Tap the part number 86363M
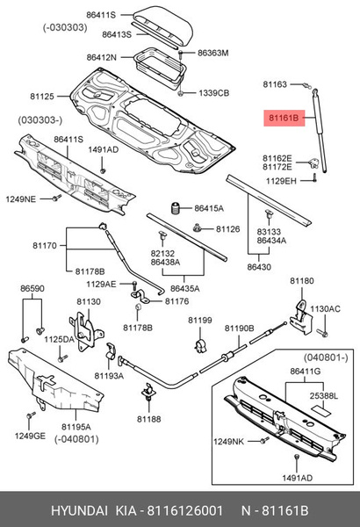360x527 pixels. pyautogui.click(x=212, y=53)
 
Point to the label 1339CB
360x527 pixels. pyautogui.click(x=212, y=92)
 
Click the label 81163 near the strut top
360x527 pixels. pyautogui.click(x=275, y=85)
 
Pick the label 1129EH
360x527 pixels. pyautogui.click(x=278, y=180)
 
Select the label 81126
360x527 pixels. pyautogui.click(x=228, y=229)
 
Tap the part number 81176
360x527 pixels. pyautogui.click(x=177, y=302)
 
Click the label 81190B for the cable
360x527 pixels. pyautogui.click(x=238, y=328)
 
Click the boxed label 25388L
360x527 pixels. pyautogui.click(x=324, y=396)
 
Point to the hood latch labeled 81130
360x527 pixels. pyautogui.click(x=85, y=326)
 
